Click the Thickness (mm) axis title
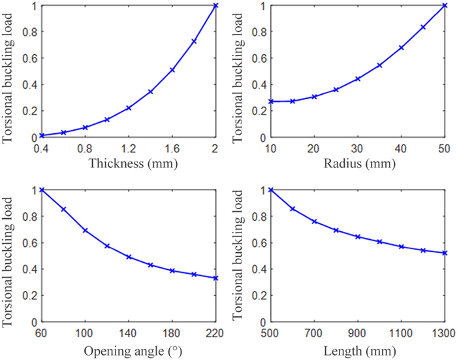click(129, 164)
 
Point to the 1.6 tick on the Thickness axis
click(172, 148)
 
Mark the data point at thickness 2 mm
click(215, 6)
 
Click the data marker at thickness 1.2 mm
click(129, 108)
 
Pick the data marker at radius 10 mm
click(271, 101)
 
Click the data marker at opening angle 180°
click(172, 270)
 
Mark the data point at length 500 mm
click(271, 190)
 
